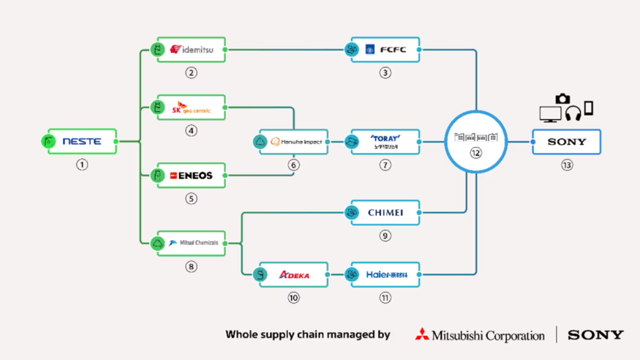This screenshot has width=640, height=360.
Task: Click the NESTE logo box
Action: pos(82,141)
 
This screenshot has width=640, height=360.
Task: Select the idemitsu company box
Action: pos(191,50)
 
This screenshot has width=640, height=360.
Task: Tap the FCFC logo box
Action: pos(385,50)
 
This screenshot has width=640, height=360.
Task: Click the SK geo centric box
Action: pos(191,108)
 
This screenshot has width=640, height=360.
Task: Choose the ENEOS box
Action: pos(191,176)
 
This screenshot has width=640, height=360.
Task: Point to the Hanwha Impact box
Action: pos(293,142)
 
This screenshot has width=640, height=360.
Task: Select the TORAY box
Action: pos(385,142)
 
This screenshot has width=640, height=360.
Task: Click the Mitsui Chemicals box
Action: pos(191,243)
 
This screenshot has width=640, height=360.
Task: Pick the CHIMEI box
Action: pos(385,213)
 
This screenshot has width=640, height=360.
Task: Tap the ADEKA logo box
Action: pos(293,275)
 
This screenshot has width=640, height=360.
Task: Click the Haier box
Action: pos(385,275)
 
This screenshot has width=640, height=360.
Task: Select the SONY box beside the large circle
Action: pos(567,142)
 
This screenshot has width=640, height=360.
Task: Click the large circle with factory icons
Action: pos(476,140)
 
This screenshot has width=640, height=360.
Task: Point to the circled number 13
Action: pos(567,165)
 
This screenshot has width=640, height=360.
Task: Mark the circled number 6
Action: pos(293,165)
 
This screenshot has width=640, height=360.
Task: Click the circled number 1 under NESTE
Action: pos(82,165)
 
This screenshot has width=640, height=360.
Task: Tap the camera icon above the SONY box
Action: pos(562,99)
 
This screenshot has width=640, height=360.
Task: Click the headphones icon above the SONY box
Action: pos(573,113)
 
